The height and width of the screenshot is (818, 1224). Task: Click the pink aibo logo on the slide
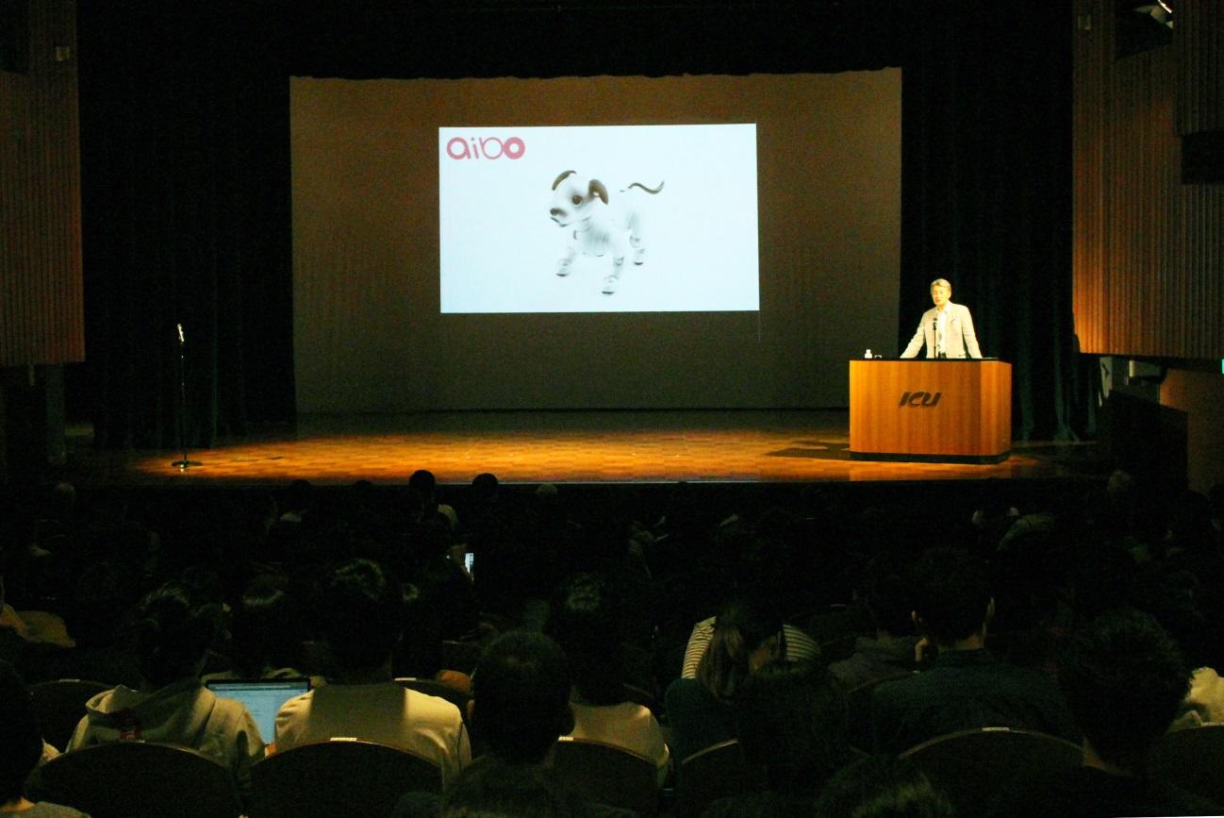486,148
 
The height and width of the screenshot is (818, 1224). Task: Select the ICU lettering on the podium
920,400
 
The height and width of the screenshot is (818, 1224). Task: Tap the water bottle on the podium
868,354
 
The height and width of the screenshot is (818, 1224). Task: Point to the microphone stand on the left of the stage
183,396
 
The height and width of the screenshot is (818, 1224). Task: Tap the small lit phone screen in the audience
469,562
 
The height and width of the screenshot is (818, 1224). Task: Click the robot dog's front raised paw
563,267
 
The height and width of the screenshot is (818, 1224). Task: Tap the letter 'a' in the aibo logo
457,149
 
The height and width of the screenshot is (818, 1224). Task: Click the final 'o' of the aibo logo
514,148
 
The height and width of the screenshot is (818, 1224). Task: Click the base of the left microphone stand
187,464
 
